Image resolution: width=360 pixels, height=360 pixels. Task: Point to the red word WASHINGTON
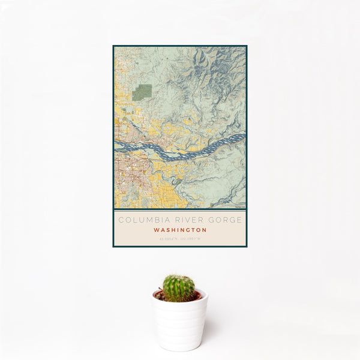coord(180,230)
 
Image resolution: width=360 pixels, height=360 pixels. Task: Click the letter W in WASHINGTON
coord(155,230)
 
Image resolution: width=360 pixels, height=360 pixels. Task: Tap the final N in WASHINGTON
coord(205,230)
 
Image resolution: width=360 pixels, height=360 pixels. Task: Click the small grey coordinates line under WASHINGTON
coord(180,239)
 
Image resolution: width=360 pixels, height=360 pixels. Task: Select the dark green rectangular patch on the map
coord(142,92)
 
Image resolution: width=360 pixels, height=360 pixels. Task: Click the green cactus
coord(179,287)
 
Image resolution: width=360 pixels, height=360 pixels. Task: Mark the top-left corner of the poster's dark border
coord(113,46)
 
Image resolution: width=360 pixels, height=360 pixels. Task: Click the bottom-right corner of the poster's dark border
coord(246,247)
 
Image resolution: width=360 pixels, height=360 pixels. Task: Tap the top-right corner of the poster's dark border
coord(246,46)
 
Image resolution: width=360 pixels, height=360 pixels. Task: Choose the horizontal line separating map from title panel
coord(180,209)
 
